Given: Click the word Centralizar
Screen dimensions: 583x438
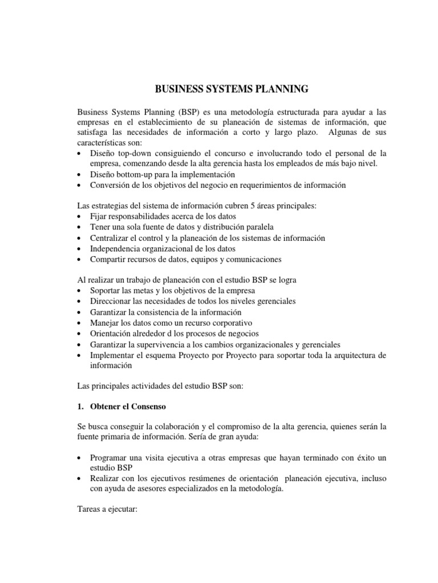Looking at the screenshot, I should [x=110, y=238].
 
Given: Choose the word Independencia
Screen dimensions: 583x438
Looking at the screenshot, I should [x=115, y=249].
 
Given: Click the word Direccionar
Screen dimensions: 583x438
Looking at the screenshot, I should [x=112, y=302].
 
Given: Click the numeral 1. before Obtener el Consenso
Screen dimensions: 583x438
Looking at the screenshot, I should [x=80, y=408].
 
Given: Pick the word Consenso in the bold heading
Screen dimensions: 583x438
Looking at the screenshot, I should [x=146, y=408].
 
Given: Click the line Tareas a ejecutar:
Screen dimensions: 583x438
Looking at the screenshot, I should [x=106, y=511].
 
